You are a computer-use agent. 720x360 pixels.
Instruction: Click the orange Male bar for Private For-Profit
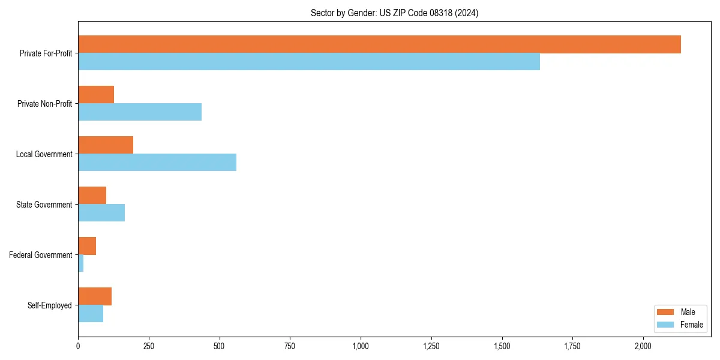click(379, 44)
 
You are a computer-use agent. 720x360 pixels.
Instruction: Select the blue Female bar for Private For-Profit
click(309, 62)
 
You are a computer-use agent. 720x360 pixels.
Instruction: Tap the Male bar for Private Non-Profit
click(96, 95)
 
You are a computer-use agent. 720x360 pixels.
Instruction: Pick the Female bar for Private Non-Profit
click(140, 112)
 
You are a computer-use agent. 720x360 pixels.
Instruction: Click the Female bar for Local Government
click(157, 163)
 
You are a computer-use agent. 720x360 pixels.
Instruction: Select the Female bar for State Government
click(101, 213)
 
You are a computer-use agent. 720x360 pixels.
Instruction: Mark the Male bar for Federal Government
click(87, 246)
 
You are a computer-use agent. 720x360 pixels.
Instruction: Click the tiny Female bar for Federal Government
click(81, 263)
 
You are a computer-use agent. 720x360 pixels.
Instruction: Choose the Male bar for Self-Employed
click(95, 296)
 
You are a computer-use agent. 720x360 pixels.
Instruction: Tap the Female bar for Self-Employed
click(91, 314)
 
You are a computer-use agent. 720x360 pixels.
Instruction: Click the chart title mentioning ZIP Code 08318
click(394, 13)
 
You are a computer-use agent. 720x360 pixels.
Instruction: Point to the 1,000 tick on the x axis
click(361, 346)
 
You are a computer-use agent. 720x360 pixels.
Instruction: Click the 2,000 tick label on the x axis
click(643, 346)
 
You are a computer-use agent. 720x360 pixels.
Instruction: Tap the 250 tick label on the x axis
click(149, 346)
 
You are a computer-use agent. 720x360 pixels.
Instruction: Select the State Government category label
click(44, 205)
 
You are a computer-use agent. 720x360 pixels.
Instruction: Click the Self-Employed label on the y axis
click(50, 305)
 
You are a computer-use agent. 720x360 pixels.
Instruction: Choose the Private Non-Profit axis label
click(44, 104)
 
